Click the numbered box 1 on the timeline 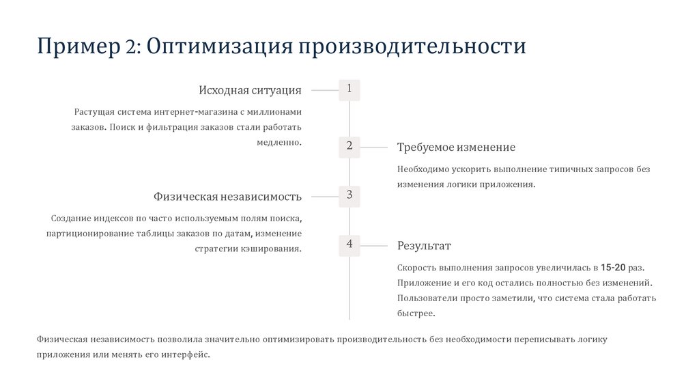coord(349,89)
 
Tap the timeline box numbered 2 coord(349,146)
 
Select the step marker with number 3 coord(349,196)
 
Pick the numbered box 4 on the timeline coord(349,244)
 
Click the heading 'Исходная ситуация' coord(250,90)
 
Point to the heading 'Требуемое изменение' coord(456,148)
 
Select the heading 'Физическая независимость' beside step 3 coord(227,197)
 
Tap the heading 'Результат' coord(424,246)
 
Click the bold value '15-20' coord(614,266)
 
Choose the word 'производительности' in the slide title coord(410,46)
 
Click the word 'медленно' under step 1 coord(279,143)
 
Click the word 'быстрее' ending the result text coord(415,313)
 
